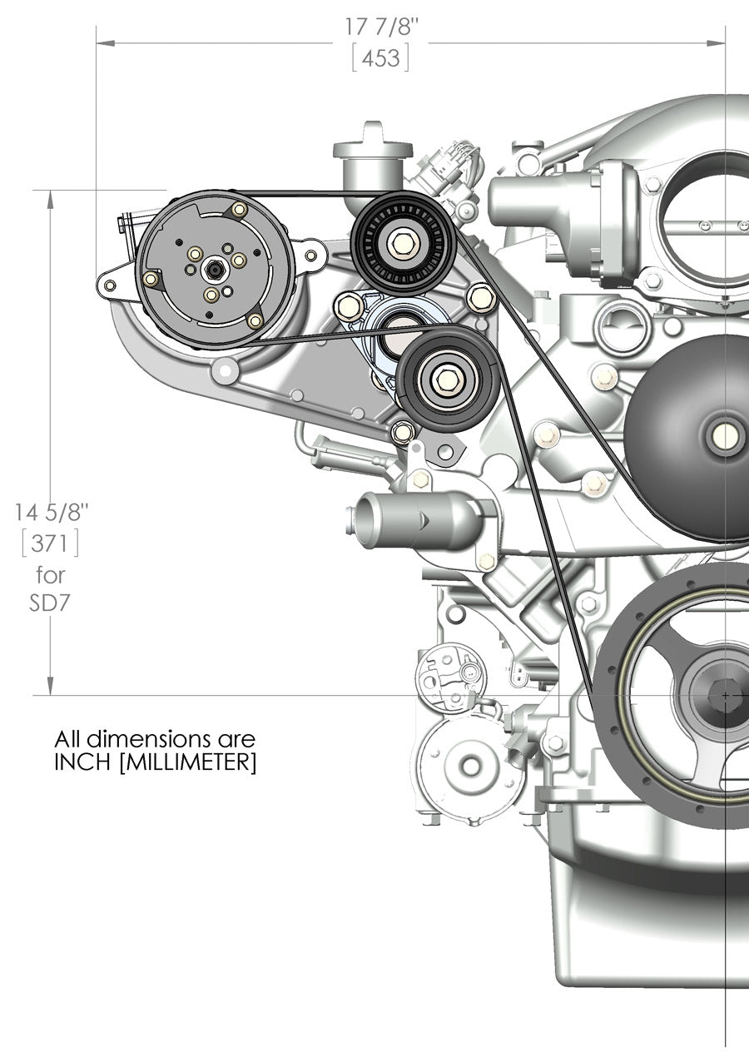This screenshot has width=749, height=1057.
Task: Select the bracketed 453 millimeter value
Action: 380,58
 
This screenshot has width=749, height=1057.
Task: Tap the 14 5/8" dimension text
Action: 50,511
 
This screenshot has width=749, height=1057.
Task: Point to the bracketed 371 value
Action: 50,543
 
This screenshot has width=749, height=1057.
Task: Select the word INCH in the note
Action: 84,762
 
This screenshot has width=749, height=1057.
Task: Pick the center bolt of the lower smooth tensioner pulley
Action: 449,380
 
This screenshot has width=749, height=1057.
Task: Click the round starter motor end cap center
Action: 471,765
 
